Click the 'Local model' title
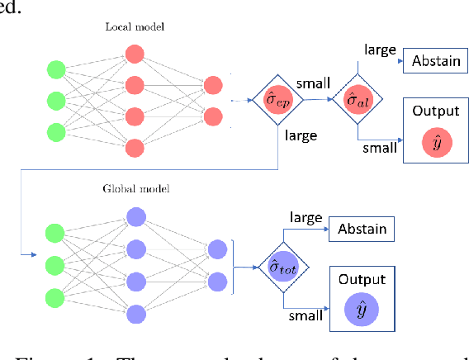point(134,26)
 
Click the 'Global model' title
point(136,189)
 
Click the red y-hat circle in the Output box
point(430,143)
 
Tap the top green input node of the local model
point(56,68)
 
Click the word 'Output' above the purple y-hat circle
point(361,278)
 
